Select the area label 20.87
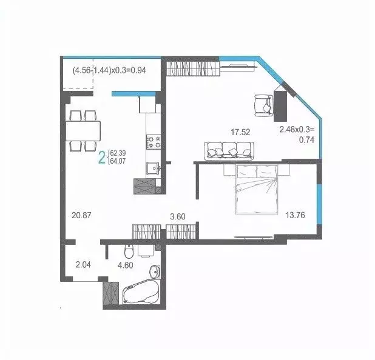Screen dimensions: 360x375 [x=81, y=214]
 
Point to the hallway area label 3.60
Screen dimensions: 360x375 [x=178, y=215]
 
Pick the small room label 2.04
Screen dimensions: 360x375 [x=84, y=264]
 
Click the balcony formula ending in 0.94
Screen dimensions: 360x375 [x=109, y=70]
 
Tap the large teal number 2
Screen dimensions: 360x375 [x=101, y=158]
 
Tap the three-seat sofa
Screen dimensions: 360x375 [x=228, y=150]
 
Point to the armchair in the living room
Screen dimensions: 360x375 [x=263, y=104]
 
